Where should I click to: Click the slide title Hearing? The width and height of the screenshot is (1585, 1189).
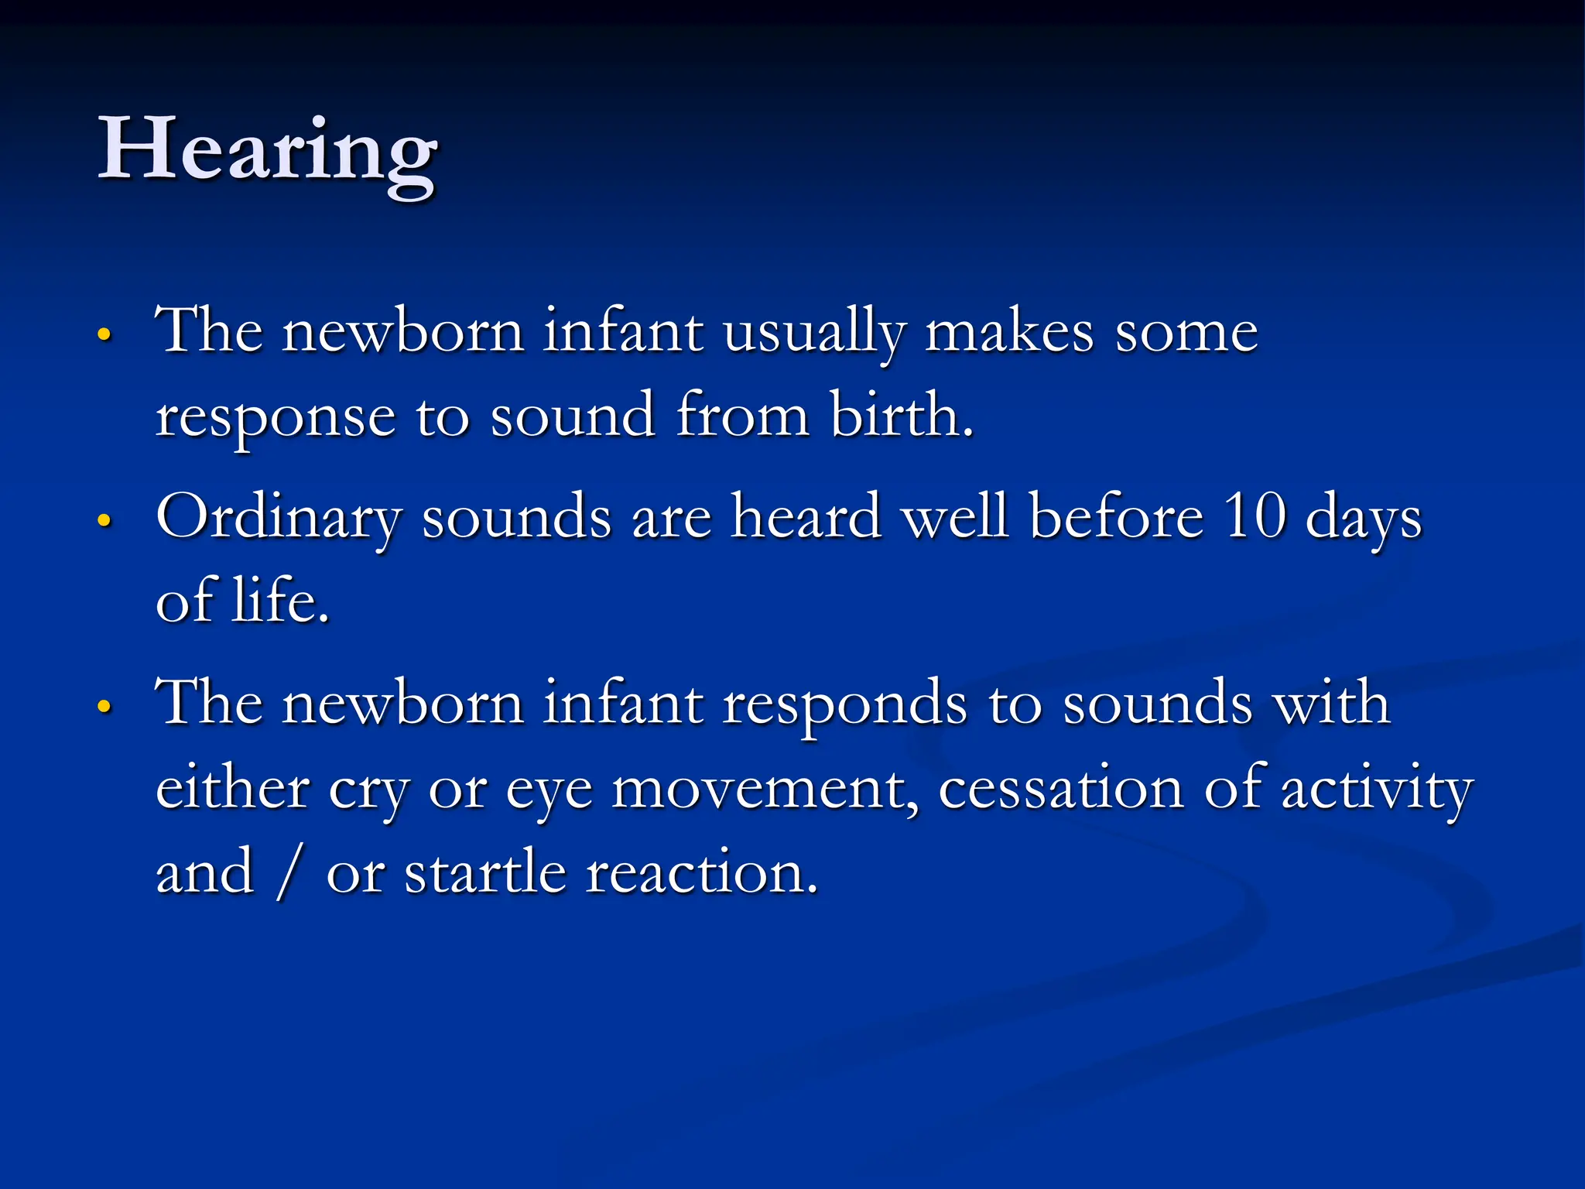[267, 151]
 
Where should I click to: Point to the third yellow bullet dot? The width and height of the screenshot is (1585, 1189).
[104, 707]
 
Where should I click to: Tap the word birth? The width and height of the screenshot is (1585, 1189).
[901, 416]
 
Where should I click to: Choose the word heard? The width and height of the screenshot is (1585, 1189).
[806, 516]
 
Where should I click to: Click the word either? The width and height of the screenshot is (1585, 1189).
[232, 789]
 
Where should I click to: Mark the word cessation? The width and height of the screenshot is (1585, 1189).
[1061, 790]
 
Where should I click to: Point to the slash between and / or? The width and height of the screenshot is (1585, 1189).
[289, 875]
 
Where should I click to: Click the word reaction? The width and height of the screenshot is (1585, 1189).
[701, 873]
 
